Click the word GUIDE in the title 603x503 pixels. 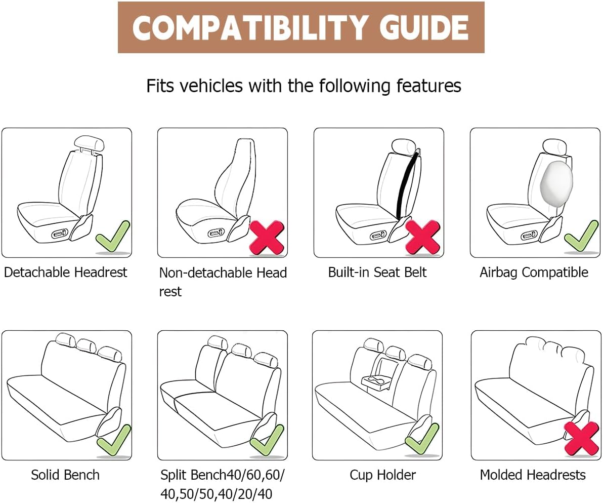tap(424, 28)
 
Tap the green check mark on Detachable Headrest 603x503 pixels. tap(112, 237)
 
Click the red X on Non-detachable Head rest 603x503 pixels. tap(267, 238)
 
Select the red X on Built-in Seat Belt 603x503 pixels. tap(422, 238)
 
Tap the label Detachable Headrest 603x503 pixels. tap(65, 273)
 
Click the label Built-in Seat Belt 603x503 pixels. tap(377, 273)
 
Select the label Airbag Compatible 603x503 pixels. tap(534, 273)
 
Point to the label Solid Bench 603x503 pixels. tap(65, 475)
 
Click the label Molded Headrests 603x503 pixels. tap(533, 475)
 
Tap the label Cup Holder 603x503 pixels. tap(382, 475)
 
